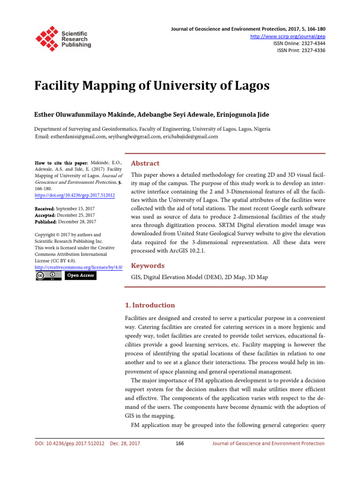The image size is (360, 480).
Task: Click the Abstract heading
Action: coord(145,163)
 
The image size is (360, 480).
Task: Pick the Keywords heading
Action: coord(148,265)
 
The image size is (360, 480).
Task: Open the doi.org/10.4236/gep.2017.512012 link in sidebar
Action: coord(75,195)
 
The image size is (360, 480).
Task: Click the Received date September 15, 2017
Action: coord(76,208)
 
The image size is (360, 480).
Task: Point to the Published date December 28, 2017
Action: coord(77,221)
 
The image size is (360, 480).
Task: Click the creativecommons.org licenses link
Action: coord(79,267)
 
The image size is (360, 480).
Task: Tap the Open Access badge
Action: coord(81,275)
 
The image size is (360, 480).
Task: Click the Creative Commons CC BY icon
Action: coord(48,275)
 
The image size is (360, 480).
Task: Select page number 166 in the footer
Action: coord(180,442)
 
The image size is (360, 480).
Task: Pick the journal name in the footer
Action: coord(268,442)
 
